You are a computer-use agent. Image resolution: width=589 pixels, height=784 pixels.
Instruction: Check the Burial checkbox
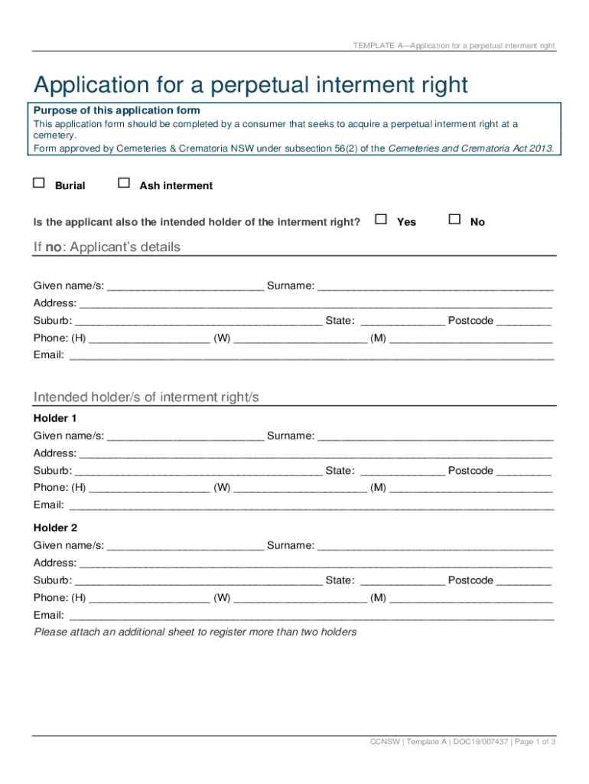coord(39,183)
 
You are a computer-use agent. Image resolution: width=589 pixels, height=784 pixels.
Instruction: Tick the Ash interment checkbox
coord(124,183)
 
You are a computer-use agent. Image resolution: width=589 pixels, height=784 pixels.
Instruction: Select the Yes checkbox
coord(381,219)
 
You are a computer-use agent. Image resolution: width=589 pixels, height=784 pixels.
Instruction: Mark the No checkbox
coord(454,219)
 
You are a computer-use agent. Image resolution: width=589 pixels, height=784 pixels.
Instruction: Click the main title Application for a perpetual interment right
coord(249,84)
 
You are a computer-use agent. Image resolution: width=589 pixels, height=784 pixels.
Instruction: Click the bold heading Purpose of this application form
coord(116,111)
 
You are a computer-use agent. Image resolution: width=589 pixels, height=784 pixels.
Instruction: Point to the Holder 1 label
coord(55,418)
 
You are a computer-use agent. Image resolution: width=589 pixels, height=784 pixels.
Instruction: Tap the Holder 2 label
coord(55,528)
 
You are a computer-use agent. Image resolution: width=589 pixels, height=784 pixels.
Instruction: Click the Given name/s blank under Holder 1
coord(185,437)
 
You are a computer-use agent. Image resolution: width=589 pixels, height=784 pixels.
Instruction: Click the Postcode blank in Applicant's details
coord(524,322)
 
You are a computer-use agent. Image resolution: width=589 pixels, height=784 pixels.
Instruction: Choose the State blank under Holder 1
coord(402,472)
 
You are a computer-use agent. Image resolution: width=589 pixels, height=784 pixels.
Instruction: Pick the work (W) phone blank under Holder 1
coord(300,489)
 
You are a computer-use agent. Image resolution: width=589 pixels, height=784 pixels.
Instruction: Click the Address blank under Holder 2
coord(315,564)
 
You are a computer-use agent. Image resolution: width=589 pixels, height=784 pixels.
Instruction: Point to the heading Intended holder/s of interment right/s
coord(146,397)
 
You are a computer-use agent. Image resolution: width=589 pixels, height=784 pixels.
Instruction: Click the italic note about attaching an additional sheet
coord(195,632)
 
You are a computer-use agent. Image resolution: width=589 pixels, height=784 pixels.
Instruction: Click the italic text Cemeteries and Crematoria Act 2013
coord(470,149)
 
